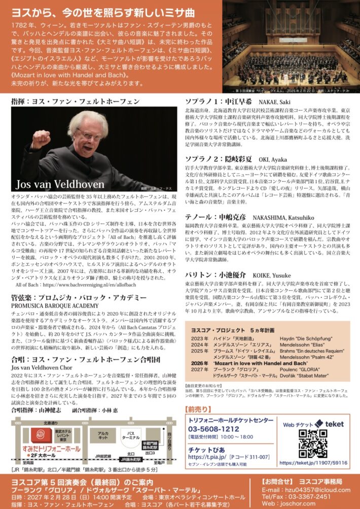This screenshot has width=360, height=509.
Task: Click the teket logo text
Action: (333, 424)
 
